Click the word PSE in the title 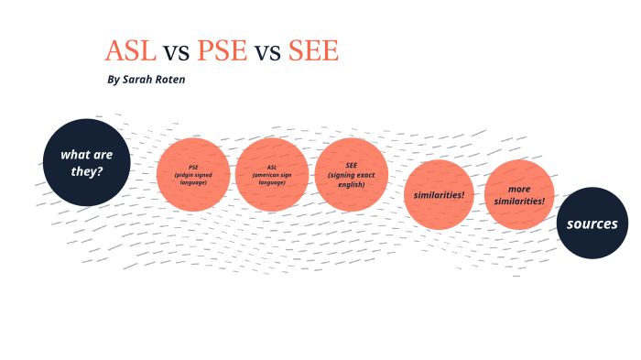click(x=221, y=51)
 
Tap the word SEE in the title click(x=313, y=51)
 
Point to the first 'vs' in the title click(x=176, y=52)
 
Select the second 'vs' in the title click(x=267, y=52)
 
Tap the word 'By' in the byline click(x=113, y=80)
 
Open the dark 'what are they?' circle click(x=87, y=162)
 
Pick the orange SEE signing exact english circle click(x=351, y=174)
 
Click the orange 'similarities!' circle click(x=440, y=194)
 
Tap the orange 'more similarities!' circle click(x=519, y=194)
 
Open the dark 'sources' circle click(x=592, y=224)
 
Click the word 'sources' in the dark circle click(x=592, y=224)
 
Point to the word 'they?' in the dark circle click(x=87, y=171)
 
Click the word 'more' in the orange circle click(x=519, y=189)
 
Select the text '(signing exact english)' click(x=351, y=180)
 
